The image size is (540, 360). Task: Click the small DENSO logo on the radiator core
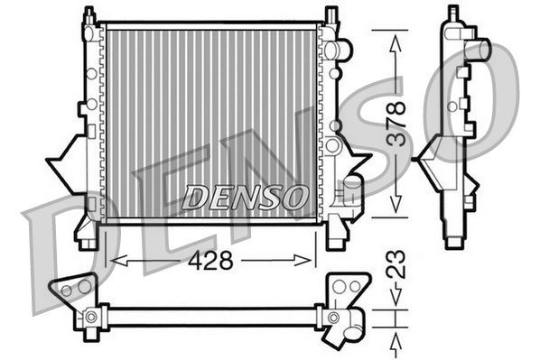click(x=246, y=195)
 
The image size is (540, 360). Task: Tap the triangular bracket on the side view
click(x=428, y=158)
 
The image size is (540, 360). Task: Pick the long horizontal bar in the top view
click(x=212, y=317)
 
